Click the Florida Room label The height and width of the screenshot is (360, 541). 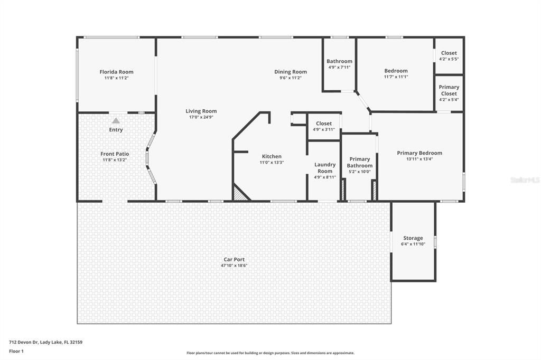[116, 72]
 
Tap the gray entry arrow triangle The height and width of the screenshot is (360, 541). [116, 120]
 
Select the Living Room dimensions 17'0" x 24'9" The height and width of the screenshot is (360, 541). [201, 117]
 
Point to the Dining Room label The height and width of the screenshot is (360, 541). [290, 72]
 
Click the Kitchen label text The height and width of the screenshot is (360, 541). [272, 156]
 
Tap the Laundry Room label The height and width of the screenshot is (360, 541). [325, 168]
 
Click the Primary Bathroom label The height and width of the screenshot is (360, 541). [359, 162]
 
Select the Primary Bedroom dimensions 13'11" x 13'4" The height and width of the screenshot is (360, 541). [419, 159]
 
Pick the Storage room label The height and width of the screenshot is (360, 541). [413, 238]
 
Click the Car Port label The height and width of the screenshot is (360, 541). [234, 259]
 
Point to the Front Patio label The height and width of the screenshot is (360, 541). [115, 154]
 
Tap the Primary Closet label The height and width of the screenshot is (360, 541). [449, 90]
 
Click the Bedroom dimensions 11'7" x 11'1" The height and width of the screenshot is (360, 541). [396, 77]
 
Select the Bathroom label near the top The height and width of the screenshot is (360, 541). [339, 61]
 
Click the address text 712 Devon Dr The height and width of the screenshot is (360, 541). [45, 342]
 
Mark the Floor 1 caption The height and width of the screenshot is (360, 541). [16, 350]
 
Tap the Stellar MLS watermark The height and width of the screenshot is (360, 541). [524, 180]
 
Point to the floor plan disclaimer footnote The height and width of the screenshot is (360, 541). [270, 353]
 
